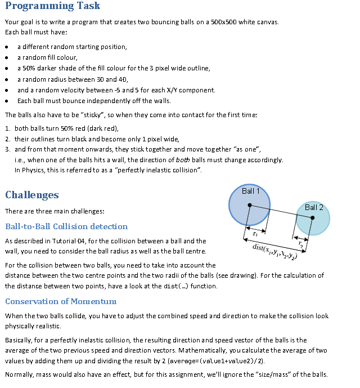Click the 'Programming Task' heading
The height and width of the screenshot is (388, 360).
click(x=52, y=7)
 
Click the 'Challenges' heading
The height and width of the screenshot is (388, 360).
click(x=31, y=195)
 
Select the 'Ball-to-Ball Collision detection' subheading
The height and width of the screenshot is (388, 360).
click(x=66, y=226)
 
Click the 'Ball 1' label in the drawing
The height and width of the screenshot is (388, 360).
click(x=251, y=191)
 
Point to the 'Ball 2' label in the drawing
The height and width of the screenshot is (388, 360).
click(x=314, y=207)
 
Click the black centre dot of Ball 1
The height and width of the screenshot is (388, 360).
click(x=250, y=206)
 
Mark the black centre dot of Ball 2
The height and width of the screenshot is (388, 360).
click(x=312, y=217)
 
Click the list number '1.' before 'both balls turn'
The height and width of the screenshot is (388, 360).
click(x=8, y=128)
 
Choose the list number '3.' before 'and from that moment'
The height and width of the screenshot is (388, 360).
click(x=8, y=150)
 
